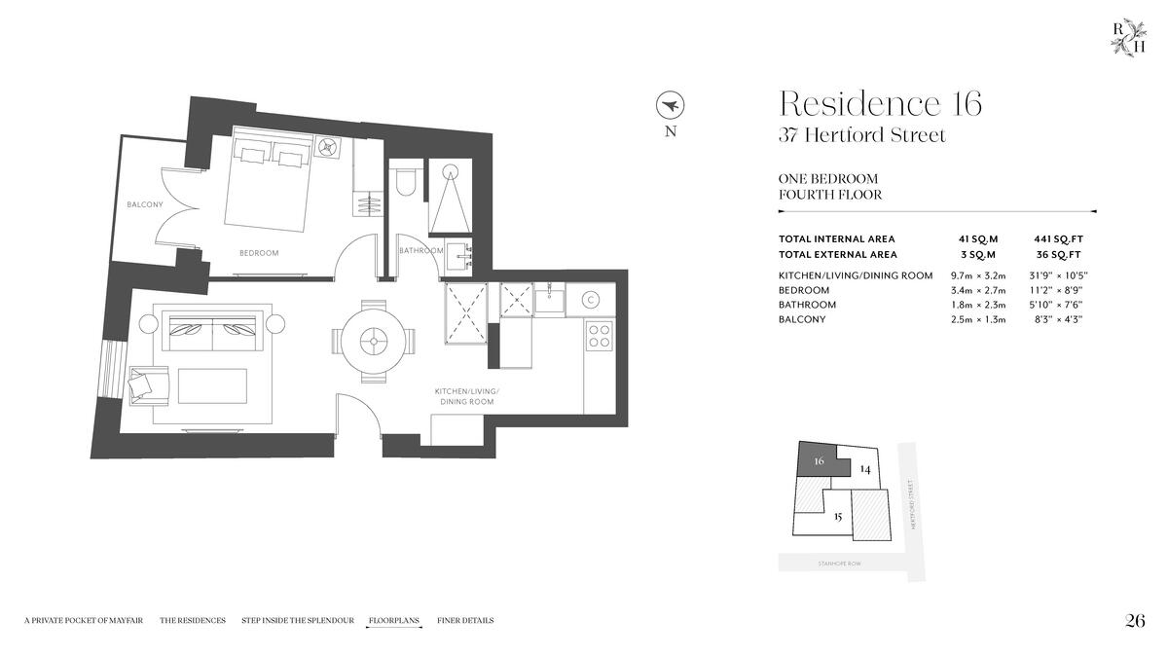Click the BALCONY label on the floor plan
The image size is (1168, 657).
click(x=145, y=204)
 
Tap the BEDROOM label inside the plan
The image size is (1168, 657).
click(x=259, y=253)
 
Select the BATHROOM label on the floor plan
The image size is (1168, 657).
click(x=420, y=251)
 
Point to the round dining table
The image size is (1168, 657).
click(x=374, y=341)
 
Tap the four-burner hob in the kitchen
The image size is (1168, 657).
click(x=599, y=336)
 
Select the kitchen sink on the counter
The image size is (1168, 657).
click(x=549, y=299)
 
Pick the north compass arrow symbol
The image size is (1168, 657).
click(x=670, y=103)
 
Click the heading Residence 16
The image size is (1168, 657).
click(x=880, y=103)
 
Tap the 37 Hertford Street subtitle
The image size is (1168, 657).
click(x=861, y=135)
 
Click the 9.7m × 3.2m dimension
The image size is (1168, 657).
click(x=977, y=275)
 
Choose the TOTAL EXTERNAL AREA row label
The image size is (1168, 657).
click(x=836, y=254)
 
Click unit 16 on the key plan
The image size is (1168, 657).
click(x=819, y=462)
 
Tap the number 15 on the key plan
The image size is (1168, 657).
click(x=837, y=516)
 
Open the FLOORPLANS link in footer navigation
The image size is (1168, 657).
click(x=394, y=620)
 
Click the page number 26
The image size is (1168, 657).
click(x=1135, y=621)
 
